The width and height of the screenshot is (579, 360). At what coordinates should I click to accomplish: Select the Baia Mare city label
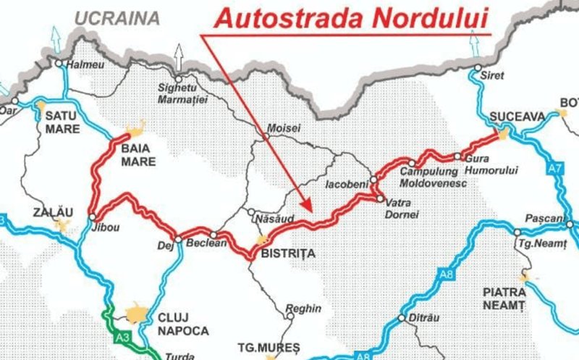coord(138,155)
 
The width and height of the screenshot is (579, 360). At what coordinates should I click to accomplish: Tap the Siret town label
coord(494,74)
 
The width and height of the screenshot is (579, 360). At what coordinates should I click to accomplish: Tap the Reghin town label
coord(303,309)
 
